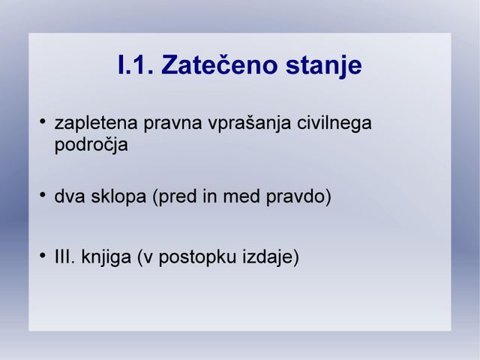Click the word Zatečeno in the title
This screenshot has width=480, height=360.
click(x=219, y=65)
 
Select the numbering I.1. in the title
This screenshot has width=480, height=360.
click(x=136, y=65)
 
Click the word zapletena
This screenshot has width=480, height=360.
click(x=96, y=124)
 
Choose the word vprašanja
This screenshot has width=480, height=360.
click(x=250, y=124)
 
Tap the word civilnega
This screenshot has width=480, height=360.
click(x=334, y=124)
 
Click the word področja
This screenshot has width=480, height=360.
click(x=91, y=145)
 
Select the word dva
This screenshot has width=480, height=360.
click(x=70, y=196)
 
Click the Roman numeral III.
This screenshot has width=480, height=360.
click(x=64, y=256)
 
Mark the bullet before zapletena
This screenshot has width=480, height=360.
click(x=43, y=121)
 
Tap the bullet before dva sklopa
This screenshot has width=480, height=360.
click(x=43, y=194)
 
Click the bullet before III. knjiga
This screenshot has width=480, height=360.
click(x=43, y=255)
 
